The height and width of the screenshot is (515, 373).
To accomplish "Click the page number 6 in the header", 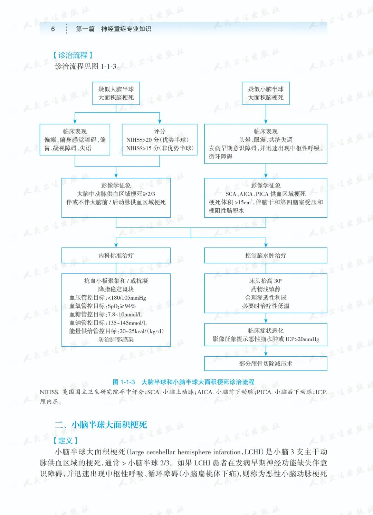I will click(53, 29).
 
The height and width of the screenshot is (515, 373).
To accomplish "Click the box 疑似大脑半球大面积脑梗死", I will click(116, 93).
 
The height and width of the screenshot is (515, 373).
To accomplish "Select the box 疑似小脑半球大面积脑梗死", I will click(266, 93).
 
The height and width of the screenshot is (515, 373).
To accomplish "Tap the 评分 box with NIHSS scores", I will click(160, 140).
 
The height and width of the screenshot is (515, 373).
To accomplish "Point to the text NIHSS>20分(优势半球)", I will click(157, 140).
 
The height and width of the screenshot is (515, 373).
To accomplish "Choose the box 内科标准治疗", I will click(116, 256).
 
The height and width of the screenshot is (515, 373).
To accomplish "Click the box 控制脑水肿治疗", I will click(266, 256).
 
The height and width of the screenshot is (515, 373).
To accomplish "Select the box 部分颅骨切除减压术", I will click(266, 364).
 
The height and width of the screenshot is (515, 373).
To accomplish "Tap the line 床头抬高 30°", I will click(266, 281).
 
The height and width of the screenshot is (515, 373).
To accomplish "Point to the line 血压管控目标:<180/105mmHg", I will click(108, 298).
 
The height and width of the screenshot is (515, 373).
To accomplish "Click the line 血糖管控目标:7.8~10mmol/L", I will click(106, 314).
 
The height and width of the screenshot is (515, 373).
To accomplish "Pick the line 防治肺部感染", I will click(116, 339).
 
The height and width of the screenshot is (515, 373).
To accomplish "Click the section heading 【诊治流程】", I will click(73, 55).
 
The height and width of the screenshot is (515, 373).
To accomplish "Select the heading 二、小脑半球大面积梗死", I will click(101, 425).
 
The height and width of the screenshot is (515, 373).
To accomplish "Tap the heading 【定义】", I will click(65, 440).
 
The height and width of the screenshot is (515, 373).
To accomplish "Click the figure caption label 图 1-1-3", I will click(124, 382).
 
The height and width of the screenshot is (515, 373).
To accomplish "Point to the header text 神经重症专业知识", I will click(126, 29).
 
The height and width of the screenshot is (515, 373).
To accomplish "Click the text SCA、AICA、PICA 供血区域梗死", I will click(266, 194).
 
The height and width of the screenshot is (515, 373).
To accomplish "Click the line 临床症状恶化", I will click(266, 330).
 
